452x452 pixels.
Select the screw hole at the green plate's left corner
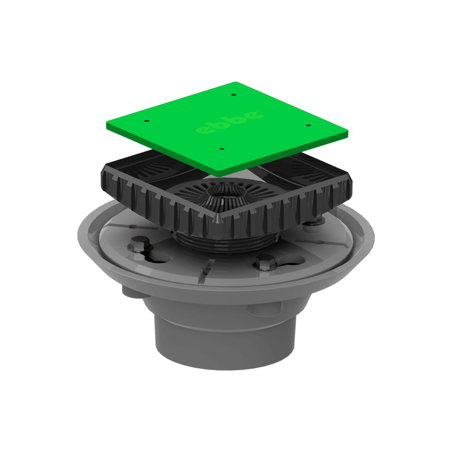(x=146, y=120)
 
